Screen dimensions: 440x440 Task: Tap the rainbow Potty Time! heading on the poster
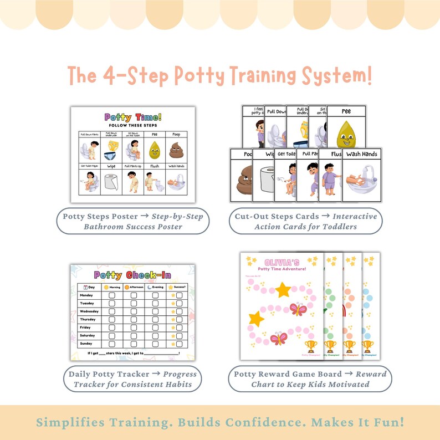(133, 117)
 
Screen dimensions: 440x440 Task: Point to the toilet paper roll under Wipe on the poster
(111, 182)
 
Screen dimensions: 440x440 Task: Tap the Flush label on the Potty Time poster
(155, 166)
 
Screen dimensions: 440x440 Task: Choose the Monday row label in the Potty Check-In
(88, 296)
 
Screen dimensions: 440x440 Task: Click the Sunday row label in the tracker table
(88, 344)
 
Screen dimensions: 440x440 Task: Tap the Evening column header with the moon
(156, 286)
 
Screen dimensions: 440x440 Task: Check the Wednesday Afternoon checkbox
(134, 311)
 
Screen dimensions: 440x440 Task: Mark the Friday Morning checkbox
(112, 328)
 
